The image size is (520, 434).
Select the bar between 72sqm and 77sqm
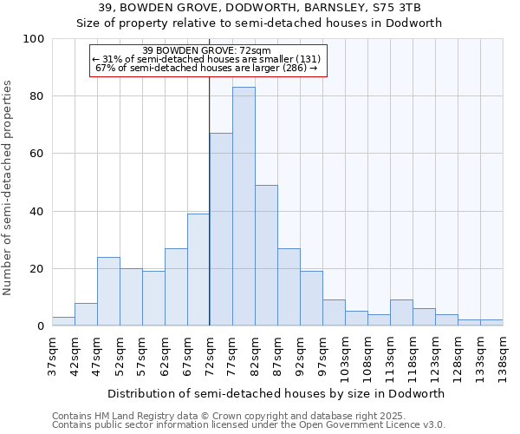point(221,229)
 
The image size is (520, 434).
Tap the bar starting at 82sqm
point(266,255)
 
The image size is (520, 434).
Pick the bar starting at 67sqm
point(198,269)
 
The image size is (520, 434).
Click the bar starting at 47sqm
point(108,292)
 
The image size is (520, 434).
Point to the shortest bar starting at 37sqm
point(63,321)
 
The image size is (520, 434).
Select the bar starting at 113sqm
point(401,312)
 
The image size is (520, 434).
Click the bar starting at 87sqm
point(289,287)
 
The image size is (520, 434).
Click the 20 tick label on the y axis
point(37,269)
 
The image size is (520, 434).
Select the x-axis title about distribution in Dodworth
point(277,393)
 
